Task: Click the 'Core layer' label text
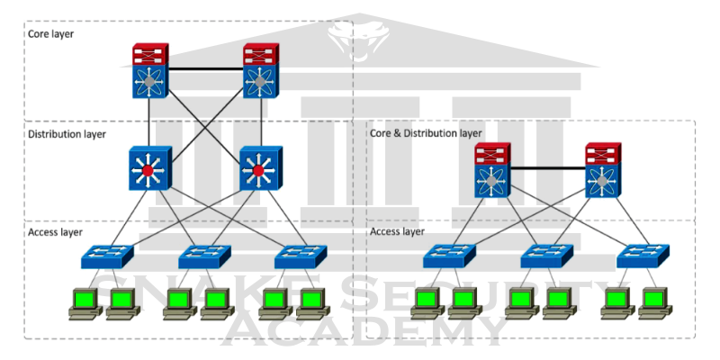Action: [51, 33]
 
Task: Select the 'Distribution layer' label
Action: [67, 133]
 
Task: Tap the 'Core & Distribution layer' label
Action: [426, 132]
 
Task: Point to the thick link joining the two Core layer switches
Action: [204, 68]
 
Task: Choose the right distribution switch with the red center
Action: [259, 167]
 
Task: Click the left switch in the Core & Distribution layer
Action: [491, 170]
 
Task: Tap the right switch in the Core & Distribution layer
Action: [602, 170]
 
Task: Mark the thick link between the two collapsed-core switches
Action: [546, 168]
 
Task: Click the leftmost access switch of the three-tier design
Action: [107, 256]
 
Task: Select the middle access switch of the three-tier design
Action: [204, 256]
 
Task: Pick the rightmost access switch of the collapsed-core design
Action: [643, 256]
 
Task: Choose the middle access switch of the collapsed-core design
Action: [546, 256]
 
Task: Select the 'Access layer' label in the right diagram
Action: [397, 231]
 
